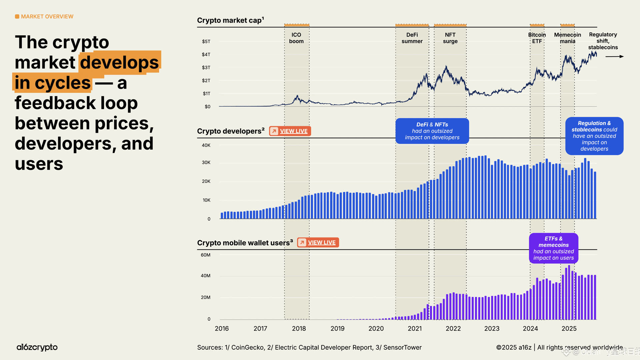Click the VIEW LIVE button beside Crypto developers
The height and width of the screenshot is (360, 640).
[x=290, y=131]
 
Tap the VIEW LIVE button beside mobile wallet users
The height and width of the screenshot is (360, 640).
[x=318, y=242]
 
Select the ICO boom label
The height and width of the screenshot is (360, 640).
[x=296, y=38]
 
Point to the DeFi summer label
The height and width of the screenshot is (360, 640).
[x=412, y=38]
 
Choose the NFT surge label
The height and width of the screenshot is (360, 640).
[x=450, y=38]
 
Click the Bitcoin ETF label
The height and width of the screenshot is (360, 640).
[x=537, y=38]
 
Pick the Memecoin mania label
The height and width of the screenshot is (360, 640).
[x=567, y=38]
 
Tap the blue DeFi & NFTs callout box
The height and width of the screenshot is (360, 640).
[x=432, y=131]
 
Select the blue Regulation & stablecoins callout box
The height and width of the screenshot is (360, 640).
[x=594, y=136]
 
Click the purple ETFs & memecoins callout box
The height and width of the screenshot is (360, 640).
[x=553, y=248]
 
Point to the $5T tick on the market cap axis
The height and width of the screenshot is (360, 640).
[x=206, y=42]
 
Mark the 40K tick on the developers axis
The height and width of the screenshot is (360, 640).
[x=206, y=145]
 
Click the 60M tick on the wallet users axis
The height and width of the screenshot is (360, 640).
[x=206, y=255]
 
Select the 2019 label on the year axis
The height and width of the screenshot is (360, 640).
[x=337, y=329]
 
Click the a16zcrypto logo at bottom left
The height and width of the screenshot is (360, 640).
[x=37, y=347]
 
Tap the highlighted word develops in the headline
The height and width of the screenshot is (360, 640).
[x=120, y=62]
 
